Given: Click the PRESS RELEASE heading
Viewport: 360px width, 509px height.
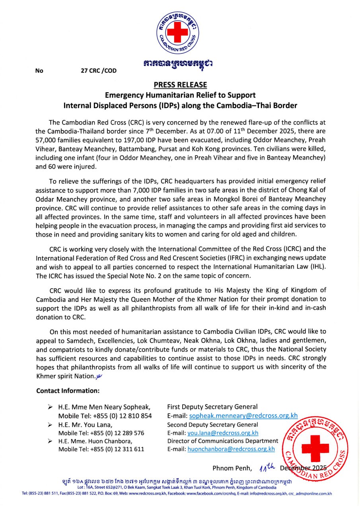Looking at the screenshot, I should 180,85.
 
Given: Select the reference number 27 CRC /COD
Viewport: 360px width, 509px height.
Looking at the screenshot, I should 99,71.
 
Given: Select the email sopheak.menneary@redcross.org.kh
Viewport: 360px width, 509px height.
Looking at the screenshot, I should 243,416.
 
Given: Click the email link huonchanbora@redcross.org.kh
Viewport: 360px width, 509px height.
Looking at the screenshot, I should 231,449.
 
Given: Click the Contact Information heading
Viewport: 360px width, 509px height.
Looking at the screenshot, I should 68,390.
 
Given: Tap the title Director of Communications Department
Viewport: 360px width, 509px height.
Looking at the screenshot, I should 223,441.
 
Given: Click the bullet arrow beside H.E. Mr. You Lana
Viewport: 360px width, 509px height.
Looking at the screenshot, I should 50,425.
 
